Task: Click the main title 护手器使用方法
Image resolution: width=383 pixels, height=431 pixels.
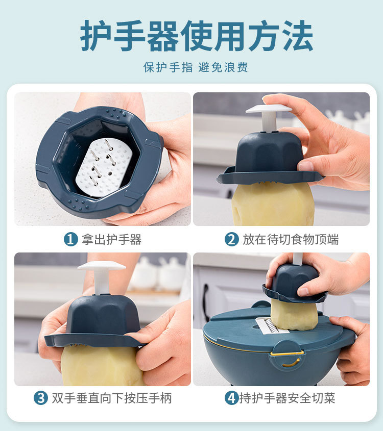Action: [197, 36]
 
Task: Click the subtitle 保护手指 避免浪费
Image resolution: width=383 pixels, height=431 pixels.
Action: [196, 67]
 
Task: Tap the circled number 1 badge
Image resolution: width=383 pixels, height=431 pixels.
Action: [70, 239]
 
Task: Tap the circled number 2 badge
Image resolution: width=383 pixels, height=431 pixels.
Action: [231, 239]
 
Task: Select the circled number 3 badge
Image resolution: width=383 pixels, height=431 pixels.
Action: [40, 398]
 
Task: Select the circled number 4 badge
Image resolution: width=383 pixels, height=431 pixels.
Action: [231, 398]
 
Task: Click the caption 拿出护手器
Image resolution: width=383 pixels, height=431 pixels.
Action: [111, 239]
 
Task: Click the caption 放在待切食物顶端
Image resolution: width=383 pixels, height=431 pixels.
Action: [290, 239]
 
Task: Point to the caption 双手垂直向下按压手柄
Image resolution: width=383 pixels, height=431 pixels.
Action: [112, 398]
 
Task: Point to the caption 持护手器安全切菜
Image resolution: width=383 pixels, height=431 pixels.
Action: [287, 398]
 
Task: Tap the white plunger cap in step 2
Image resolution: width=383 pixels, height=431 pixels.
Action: [269, 109]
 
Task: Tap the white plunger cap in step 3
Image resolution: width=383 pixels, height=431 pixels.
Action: [102, 266]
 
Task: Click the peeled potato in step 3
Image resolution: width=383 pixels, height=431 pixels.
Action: [101, 365]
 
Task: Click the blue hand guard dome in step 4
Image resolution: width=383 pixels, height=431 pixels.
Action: [295, 283]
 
